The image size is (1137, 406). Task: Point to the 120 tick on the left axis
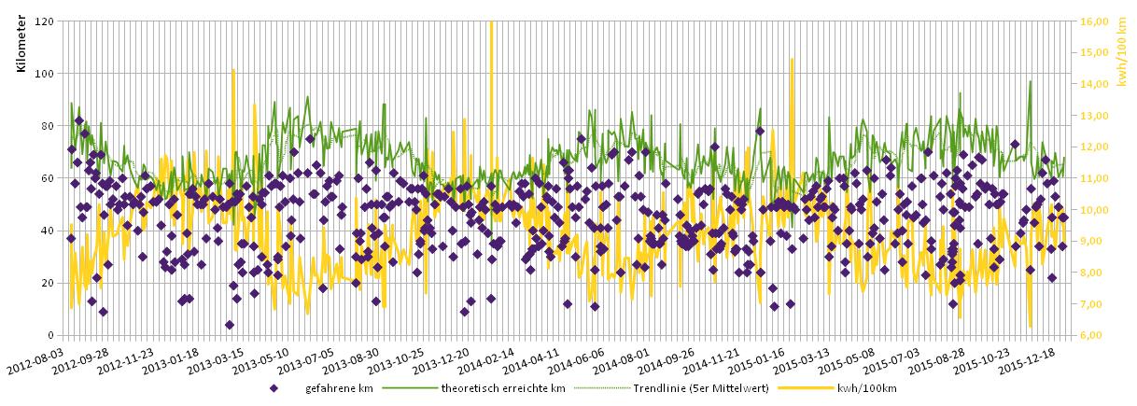click(x=45, y=21)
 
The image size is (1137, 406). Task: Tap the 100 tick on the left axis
click(x=45, y=73)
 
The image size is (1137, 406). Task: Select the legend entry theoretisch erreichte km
click(x=503, y=388)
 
